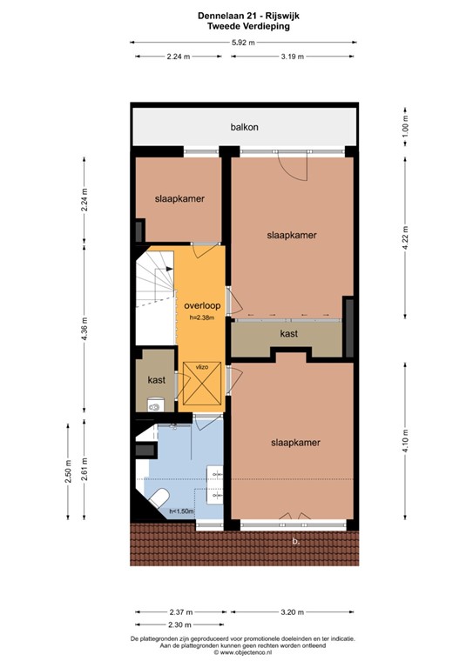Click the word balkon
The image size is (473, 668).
coord(244,127)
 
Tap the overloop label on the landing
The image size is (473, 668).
coord(200,306)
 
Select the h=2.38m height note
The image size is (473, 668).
coord(200,318)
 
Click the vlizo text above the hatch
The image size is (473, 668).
coord(201,366)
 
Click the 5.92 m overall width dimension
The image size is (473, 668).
coord(243,42)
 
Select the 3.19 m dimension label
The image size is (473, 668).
coord(293,57)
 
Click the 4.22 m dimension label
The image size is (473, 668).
coord(405,237)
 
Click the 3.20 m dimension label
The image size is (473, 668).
coord(293,611)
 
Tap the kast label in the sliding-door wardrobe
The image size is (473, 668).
coord(290,334)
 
